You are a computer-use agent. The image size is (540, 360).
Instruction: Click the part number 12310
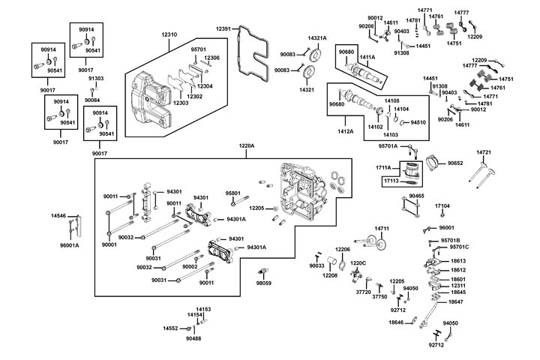tap(169, 35)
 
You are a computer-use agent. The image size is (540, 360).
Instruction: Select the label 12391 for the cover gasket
tap(223, 28)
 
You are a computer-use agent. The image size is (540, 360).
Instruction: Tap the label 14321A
tap(317, 37)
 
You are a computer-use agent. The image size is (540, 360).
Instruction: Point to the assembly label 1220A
tap(247, 145)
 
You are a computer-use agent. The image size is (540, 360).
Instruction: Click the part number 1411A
tap(367, 57)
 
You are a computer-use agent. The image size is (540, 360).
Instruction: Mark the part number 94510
tap(418, 122)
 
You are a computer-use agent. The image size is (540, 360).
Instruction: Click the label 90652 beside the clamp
tap(456, 163)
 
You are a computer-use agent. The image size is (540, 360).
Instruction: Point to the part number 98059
tap(263, 283)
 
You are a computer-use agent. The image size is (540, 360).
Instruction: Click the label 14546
tap(58, 215)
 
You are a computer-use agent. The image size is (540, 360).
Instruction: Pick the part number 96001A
tap(69, 245)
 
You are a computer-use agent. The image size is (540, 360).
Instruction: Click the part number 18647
tap(456, 301)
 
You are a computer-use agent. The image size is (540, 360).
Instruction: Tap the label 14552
tap(171, 328)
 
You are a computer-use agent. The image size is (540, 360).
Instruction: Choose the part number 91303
tap(96, 78)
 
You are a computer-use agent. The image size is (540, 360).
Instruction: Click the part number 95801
tap(232, 193)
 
